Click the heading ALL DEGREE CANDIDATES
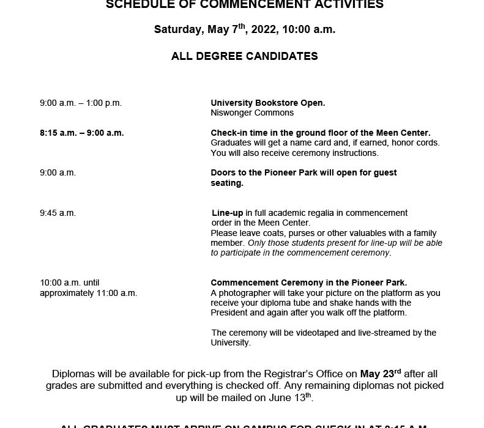(x=244, y=56)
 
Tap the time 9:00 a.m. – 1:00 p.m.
(x=81, y=103)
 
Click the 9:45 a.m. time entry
(x=58, y=213)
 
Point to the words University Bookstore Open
(x=267, y=103)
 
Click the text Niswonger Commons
(x=252, y=113)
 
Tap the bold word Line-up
(x=228, y=213)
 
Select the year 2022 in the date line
(x=271, y=29)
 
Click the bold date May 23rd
(x=380, y=374)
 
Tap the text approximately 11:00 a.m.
(x=88, y=293)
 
